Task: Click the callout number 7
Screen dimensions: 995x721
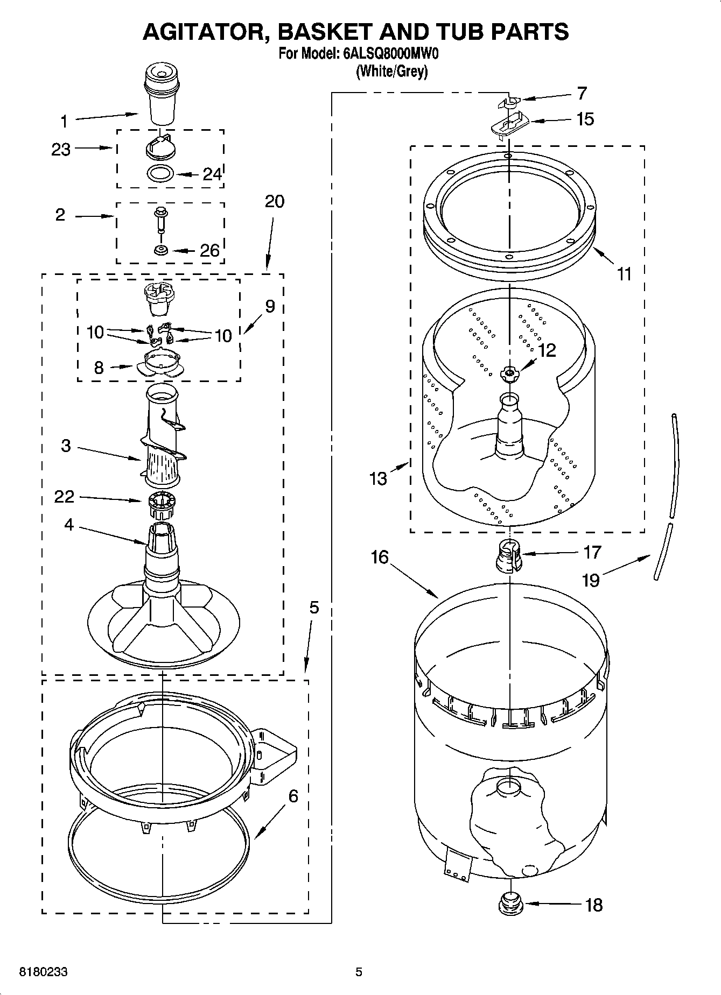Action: coord(582,94)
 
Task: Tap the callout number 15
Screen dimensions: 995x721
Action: coord(585,119)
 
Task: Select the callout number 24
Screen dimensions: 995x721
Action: coord(212,174)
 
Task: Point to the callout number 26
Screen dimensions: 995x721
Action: coord(210,250)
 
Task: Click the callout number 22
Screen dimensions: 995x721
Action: coord(64,496)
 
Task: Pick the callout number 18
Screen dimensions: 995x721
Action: coord(593,905)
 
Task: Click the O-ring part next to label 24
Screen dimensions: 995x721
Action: coord(160,174)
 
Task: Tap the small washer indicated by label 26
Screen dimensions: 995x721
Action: coord(160,250)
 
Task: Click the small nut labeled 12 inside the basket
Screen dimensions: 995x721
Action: coord(509,373)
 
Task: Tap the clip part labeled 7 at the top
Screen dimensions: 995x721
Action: coord(509,101)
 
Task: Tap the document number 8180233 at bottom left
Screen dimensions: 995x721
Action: coord(44,972)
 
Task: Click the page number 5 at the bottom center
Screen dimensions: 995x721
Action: coord(359,972)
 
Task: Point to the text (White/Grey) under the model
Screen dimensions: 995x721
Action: coord(392,71)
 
